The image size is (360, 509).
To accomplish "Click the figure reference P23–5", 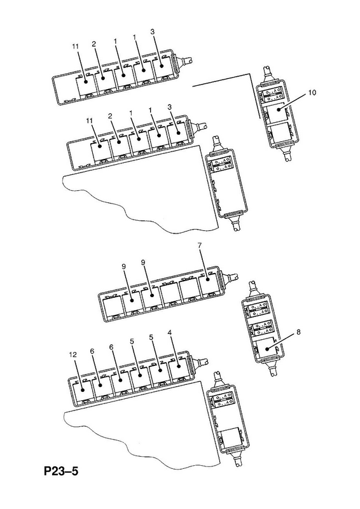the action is click(x=61, y=471).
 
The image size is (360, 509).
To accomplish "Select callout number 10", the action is click(x=312, y=93).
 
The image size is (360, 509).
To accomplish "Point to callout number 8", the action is click(x=298, y=332).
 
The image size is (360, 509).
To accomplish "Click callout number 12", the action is click(x=73, y=355).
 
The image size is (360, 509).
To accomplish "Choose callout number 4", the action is click(x=169, y=332).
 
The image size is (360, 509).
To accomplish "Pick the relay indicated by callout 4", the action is click(x=178, y=370).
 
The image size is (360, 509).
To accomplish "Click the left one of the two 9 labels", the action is click(x=124, y=267).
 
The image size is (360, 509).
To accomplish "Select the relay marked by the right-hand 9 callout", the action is click(x=151, y=296).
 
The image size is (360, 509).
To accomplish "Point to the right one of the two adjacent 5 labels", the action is click(x=151, y=337).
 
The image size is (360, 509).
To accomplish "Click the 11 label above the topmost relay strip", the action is click(x=75, y=46).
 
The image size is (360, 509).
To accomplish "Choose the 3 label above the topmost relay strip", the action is click(x=153, y=31).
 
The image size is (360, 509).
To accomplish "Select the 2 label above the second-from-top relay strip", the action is click(x=110, y=116).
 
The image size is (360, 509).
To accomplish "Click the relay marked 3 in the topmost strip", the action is click(x=162, y=67).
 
